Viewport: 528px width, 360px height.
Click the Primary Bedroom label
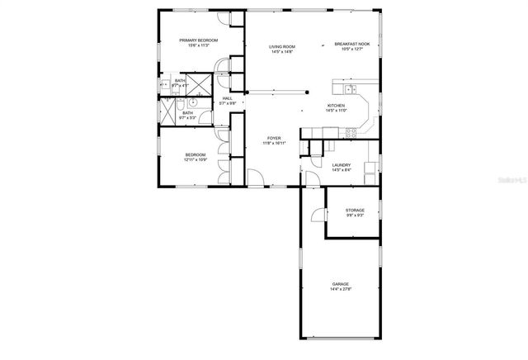coord(199,40)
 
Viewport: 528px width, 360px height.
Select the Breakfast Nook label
coord(352,45)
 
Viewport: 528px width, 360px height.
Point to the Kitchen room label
coord(336,106)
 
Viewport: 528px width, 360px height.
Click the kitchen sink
coord(351,88)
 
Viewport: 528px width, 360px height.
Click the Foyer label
coord(274,138)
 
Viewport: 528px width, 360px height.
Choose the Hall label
coord(227,98)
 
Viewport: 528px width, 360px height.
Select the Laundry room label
coord(342,165)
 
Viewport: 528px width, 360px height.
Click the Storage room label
coord(355,210)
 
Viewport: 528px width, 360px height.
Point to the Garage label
coord(341,283)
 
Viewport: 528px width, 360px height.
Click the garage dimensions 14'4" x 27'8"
coord(341,289)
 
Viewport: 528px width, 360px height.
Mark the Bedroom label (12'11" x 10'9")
coord(195,154)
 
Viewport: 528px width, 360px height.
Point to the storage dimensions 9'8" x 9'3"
coord(355,216)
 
